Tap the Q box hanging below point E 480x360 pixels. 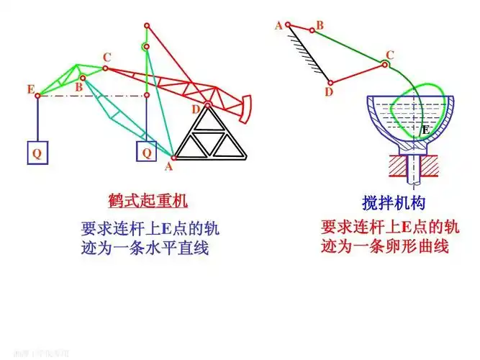[x=37, y=153]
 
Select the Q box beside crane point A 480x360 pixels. [x=146, y=153]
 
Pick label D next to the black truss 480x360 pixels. [x=196, y=109]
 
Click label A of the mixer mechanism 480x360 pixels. [x=279, y=25]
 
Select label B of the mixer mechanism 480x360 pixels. [x=320, y=25]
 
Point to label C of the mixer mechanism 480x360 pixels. [x=390, y=55]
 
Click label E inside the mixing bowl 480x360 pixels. [x=425, y=130]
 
